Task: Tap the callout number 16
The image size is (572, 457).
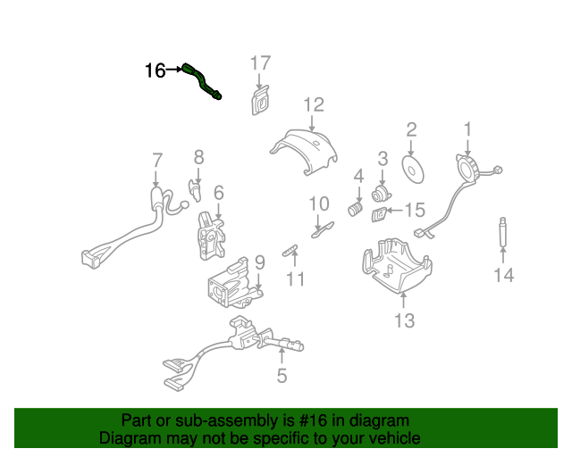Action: tap(155, 70)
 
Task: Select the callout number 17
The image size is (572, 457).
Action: tap(259, 62)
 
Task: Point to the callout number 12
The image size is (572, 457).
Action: tap(313, 105)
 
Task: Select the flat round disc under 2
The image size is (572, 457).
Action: tap(414, 170)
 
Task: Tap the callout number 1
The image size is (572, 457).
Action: tap(467, 130)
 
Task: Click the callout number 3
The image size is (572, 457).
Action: tap(383, 159)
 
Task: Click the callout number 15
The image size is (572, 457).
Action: tap(416, 211)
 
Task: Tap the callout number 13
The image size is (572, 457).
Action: tap(404, 320)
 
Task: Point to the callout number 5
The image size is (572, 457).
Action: tap(282, 376)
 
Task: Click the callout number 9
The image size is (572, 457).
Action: tap(259, 262)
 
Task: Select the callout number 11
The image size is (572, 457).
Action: tap(296, 279)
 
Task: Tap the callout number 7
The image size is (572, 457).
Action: tap(157, 161)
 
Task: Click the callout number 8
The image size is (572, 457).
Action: tap(198, 157)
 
